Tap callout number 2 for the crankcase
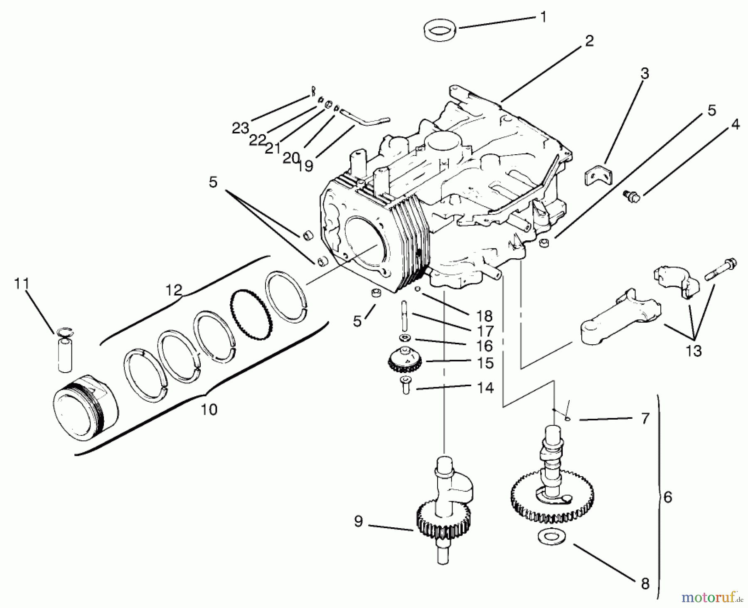coord(589,41)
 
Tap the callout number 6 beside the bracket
coord(667,497)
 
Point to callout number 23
coord(240,129)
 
